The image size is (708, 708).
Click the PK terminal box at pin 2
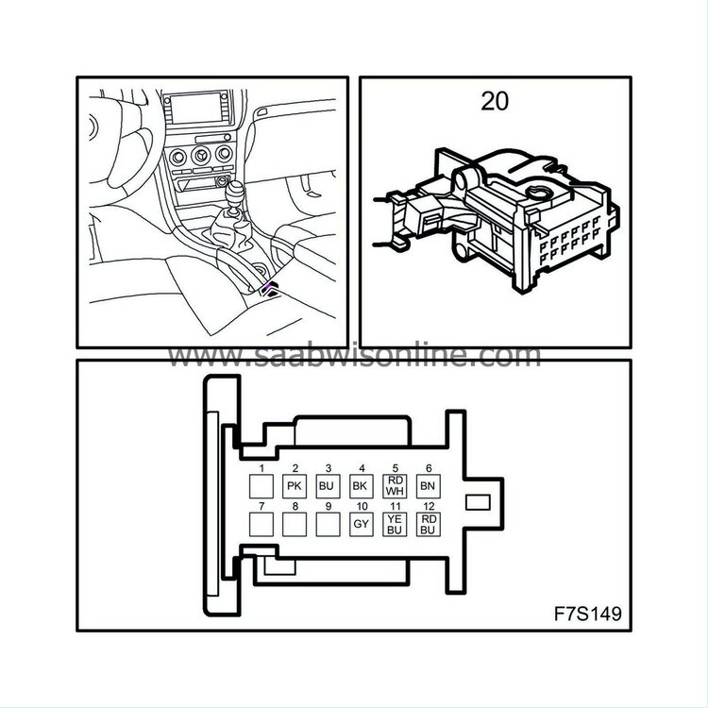pos(295,486)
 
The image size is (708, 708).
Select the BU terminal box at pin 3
pos(328,486)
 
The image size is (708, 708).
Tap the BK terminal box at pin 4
pos(362,486)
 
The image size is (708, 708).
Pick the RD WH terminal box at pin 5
pos(395,486)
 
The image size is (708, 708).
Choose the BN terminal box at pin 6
pos(428,486)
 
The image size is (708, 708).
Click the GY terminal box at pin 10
pos(362,524)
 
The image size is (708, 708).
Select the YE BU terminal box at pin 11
pos(395,524)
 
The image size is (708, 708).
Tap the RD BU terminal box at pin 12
pos(428,524)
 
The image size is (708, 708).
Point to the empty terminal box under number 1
pos(261,486)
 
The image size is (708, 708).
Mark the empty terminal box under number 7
pos(261,524)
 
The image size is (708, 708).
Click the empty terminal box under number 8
pos(295,524)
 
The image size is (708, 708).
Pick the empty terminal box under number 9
pos(328,524)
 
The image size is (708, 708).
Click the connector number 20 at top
pos(495,101)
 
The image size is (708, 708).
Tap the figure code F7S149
pos(588,614)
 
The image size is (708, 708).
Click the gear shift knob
pos(234,193)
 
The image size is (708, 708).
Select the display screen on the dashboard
pos(197,109)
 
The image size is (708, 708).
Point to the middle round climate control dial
pos(201,156)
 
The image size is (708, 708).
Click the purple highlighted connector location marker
pos(271,288)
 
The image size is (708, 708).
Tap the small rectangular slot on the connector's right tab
pos(478,502)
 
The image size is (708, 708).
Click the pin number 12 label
pos(429,506)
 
